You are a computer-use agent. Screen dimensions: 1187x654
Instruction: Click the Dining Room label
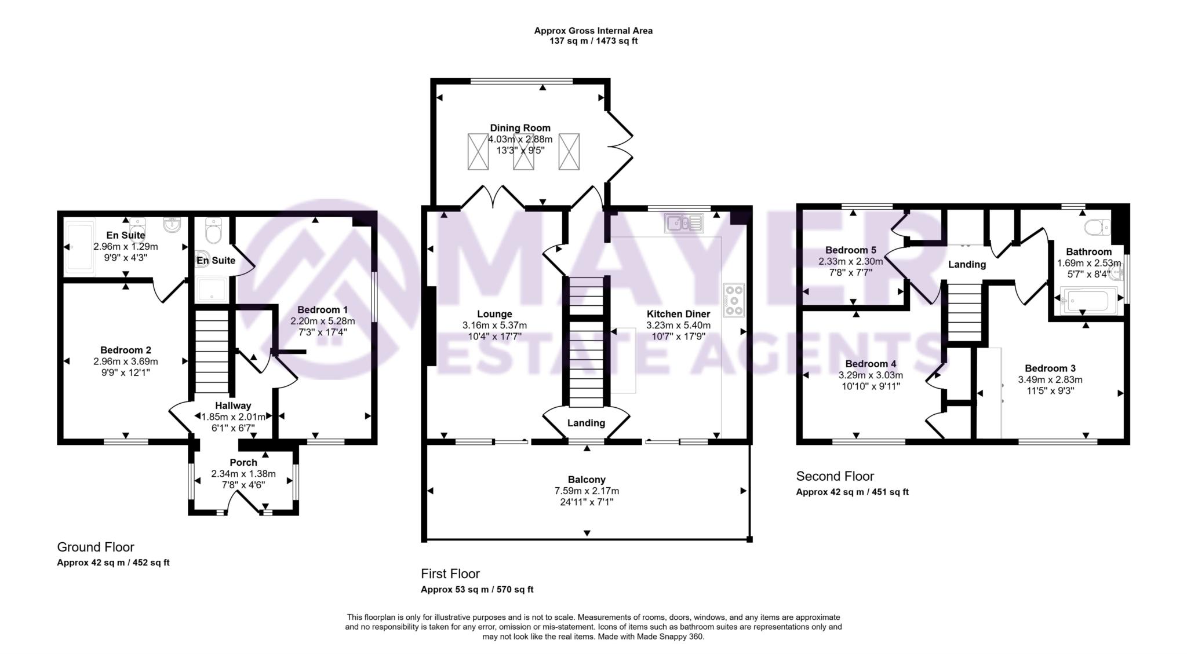click(x=520, y=128)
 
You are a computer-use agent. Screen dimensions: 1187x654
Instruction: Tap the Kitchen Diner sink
click(x=684, y=222)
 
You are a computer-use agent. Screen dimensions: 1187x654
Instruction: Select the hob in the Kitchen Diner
click(x=734, y=300)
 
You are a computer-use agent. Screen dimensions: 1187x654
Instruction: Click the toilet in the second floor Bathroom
click(x=1097, y=228)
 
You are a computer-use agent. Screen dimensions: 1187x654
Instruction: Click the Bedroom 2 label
click(x=126, y=350)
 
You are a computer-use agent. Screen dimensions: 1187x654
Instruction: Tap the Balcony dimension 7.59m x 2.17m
click(x=587, y=491)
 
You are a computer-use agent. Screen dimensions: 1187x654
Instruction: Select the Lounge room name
click(x=494, y=314)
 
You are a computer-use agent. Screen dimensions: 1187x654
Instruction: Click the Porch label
click(x=243, y=462)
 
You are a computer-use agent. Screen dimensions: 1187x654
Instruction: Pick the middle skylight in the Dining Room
click(x=523, y=152)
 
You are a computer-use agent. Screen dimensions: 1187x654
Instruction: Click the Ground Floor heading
click(x=96, y=547)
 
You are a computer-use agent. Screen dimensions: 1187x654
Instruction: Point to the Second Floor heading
click(x=835, y=476)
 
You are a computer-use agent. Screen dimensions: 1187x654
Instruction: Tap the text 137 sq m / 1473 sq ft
click(x=593, y=41)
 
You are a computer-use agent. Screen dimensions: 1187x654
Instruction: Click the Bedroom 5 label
click(x=851, y=250)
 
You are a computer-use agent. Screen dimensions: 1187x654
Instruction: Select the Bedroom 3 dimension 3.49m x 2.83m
click(x=1050, y=380)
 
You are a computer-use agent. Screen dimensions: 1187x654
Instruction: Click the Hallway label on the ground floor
click(x=233, y=405)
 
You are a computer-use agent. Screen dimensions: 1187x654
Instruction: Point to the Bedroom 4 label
click(x=871, y=364)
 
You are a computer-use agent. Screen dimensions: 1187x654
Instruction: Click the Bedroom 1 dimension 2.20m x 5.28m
click(x=323, y=321)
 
